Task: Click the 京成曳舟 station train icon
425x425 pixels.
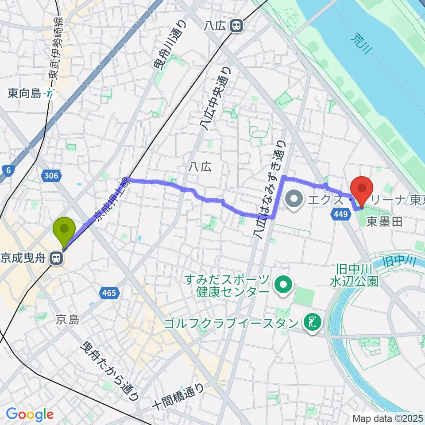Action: [x=56, y=259]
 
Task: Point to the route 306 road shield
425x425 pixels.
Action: [x=51, y=176]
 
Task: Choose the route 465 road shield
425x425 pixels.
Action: [x=108, y=293]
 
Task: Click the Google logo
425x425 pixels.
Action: [x=29, y=414]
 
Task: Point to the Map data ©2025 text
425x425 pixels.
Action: [x=388, y=418]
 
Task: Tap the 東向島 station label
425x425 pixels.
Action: [x=24, y=93]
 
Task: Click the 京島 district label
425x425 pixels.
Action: [x=67, y=320]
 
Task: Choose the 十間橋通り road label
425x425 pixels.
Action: [x=177, y=398]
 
